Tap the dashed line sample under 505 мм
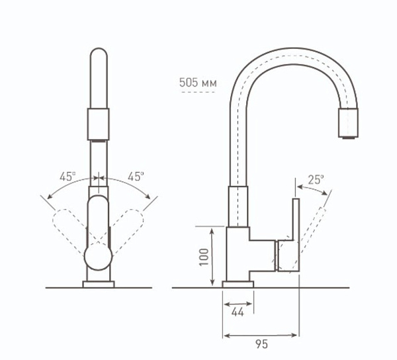(x=197, y=93)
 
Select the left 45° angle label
(x=67, y=177)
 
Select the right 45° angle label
(x=136, y=177)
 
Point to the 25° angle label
(x=316, y=179)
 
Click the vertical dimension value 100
(x=204, y=255)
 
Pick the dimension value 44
(x=238, y=312)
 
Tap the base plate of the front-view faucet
(x=98, y=285)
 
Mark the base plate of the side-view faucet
(x=238, y=285)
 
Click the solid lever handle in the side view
(x=292, y=235)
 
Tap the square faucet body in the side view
(x=238, y=255)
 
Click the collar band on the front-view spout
(x=98, y=124)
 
